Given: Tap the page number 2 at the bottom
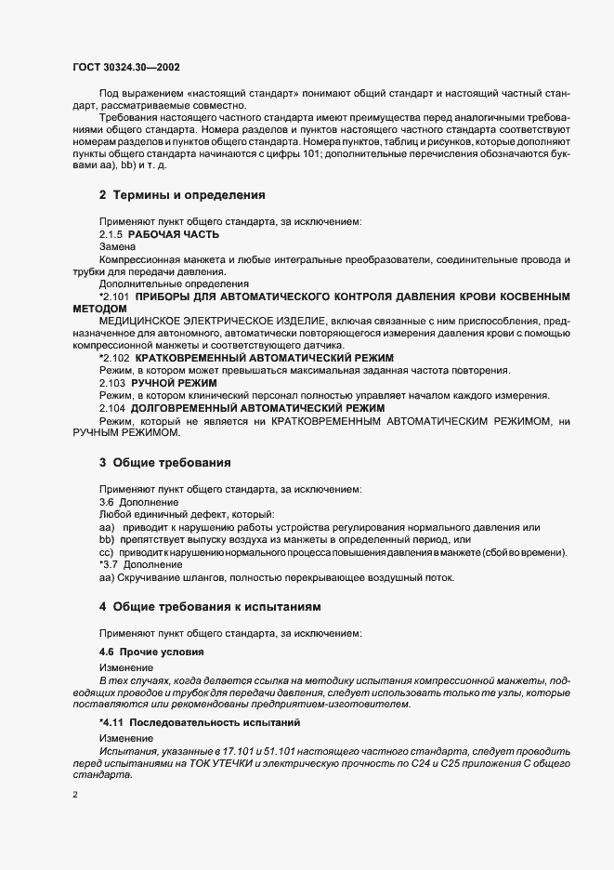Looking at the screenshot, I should tap(75, 796).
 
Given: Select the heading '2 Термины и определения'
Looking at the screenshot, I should tap(182, 195).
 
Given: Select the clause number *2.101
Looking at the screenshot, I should tap(114, 322).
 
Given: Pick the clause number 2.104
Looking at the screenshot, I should tap(112, 433).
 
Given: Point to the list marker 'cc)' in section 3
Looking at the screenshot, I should tap(106, 552).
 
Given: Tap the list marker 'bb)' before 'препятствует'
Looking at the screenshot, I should tap(107, 540).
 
